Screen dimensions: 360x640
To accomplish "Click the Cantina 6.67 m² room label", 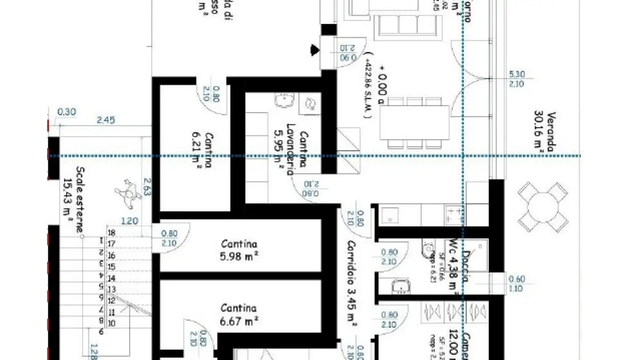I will [x=239, y=314].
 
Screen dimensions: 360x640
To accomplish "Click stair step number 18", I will [x=112, y=232].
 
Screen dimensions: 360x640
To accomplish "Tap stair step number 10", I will [x=112, y=323].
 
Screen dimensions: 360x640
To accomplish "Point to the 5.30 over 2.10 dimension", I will [x=516, y=80].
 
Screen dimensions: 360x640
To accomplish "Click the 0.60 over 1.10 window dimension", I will [x=516, y=284].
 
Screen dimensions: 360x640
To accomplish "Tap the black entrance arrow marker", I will [x=315, y=49].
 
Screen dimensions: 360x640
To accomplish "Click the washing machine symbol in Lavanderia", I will [x=310, y=104].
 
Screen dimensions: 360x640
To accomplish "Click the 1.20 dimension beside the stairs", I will [x=130, y=221].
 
